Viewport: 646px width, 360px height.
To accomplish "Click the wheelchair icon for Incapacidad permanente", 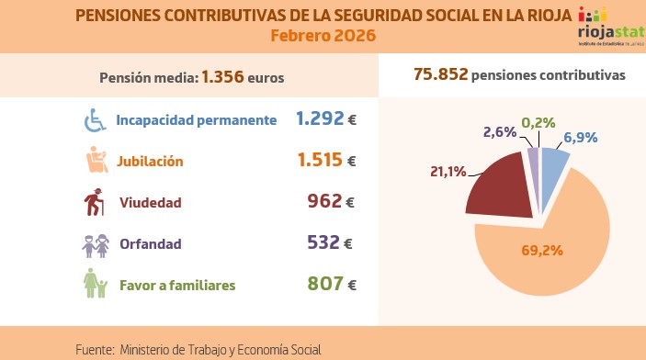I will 96,119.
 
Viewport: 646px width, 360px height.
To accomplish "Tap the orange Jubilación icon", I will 96,161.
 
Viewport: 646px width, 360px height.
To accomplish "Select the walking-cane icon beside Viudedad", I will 96,202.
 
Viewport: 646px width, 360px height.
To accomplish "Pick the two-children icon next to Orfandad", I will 96,244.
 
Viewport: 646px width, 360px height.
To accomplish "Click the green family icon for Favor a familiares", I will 96,285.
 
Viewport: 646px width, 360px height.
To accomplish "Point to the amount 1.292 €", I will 326,118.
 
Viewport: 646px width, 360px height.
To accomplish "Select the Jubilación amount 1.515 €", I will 326,160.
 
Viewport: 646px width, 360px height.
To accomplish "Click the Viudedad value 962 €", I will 331,201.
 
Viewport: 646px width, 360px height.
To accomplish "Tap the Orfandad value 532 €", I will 331,243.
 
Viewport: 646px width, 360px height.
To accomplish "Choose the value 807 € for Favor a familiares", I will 331,285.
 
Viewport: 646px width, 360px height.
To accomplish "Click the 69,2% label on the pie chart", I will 542,249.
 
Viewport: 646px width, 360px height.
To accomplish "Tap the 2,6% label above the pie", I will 499,132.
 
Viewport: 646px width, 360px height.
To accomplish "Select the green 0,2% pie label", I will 538,122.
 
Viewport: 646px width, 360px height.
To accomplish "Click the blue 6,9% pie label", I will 581,137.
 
